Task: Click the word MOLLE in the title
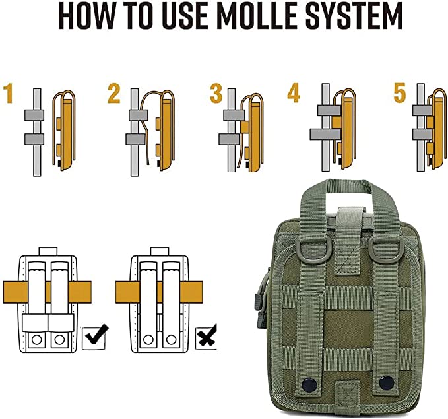[255, 16]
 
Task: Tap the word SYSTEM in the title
[354, 16]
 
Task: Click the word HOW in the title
[86, 16]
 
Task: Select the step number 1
[8, 94]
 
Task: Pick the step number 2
[113, 94]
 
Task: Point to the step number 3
[216, 94]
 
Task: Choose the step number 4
[294, 94]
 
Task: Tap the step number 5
[399, 94]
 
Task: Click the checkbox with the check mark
[94, 338]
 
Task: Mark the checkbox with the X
[206, 338]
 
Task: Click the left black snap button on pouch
[309, 384]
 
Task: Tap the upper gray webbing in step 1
[34, 115]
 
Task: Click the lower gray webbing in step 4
[325, 135]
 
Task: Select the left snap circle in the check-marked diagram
[36, 340]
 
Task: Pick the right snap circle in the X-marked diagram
[171, 340]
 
